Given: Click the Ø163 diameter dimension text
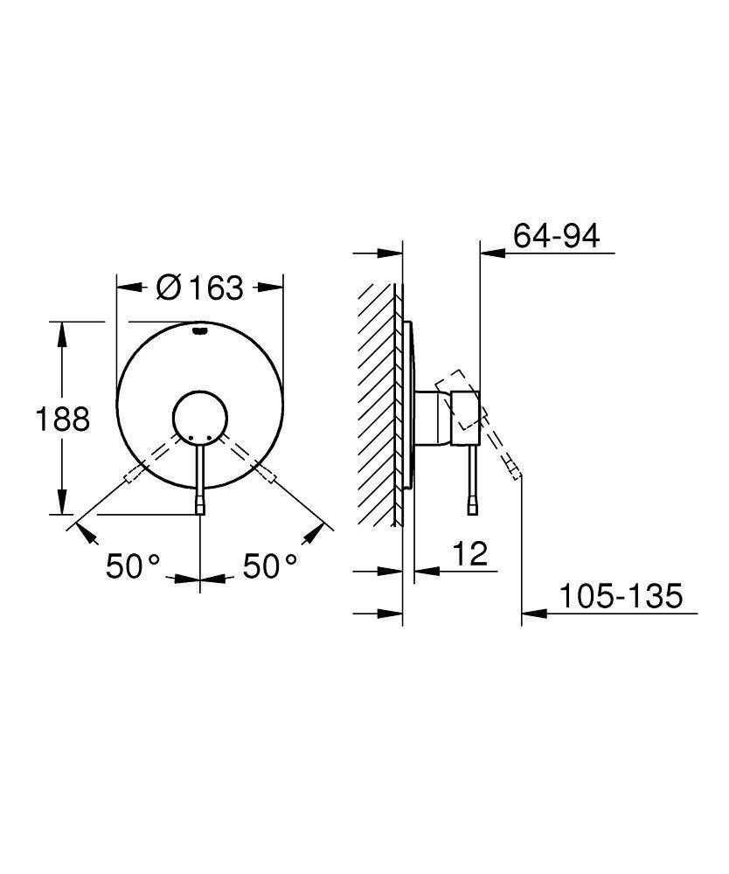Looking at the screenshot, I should point(200,288).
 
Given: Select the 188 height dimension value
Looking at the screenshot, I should point(62,420).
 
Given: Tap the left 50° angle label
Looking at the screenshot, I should point(134,566).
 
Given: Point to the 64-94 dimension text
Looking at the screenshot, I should point(557,236).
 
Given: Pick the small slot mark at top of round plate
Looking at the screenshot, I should point(200,330).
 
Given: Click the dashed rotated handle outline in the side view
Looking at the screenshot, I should point(459,399).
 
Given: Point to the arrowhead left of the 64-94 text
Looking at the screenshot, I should point(489,254).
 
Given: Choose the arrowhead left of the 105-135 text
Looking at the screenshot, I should point(531,614).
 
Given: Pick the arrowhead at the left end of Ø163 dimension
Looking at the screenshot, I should point(126,288).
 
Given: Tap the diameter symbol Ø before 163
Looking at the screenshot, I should point(168,288).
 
